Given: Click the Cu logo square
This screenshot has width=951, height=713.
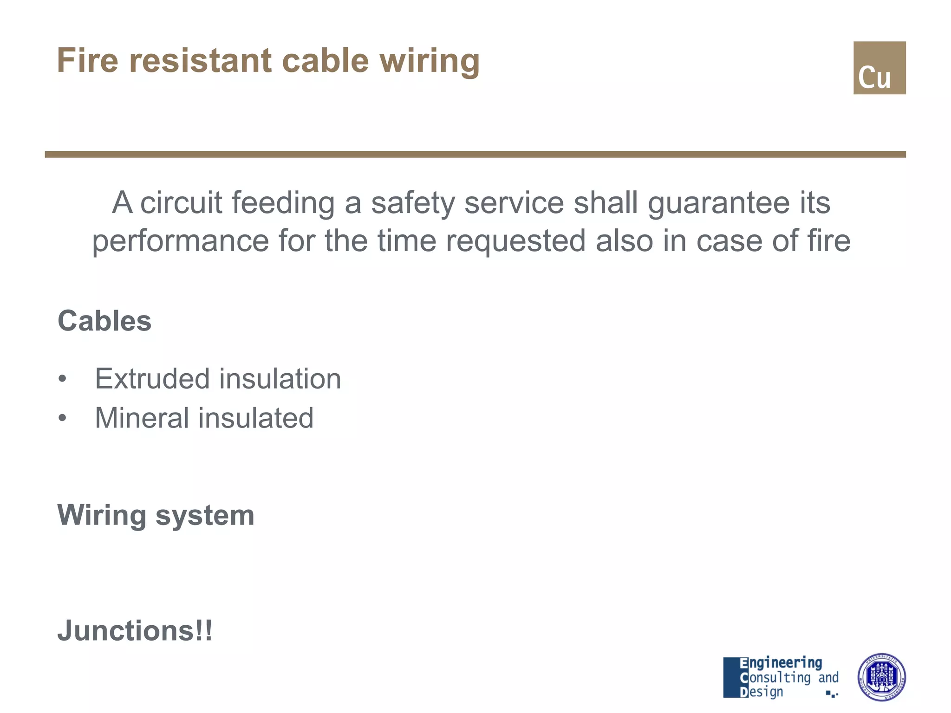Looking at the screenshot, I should pos(879,68).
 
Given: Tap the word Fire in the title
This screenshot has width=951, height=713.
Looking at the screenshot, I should pos(87,61).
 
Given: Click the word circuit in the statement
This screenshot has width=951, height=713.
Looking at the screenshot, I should pos(181,203).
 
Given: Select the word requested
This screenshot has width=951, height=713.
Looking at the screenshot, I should pos(515,241).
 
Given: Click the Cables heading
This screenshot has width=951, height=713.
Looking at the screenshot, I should pos(104,321).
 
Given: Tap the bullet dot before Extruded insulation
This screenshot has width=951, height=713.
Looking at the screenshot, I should pos(63,379).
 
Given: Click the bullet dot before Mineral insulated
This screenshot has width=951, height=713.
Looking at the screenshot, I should pos(63,418).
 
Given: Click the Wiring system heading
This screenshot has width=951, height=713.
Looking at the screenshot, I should pos(156,515).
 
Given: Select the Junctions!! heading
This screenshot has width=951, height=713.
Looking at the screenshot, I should pos(135,631).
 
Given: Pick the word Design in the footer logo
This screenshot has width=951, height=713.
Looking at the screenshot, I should pos(762,692).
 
